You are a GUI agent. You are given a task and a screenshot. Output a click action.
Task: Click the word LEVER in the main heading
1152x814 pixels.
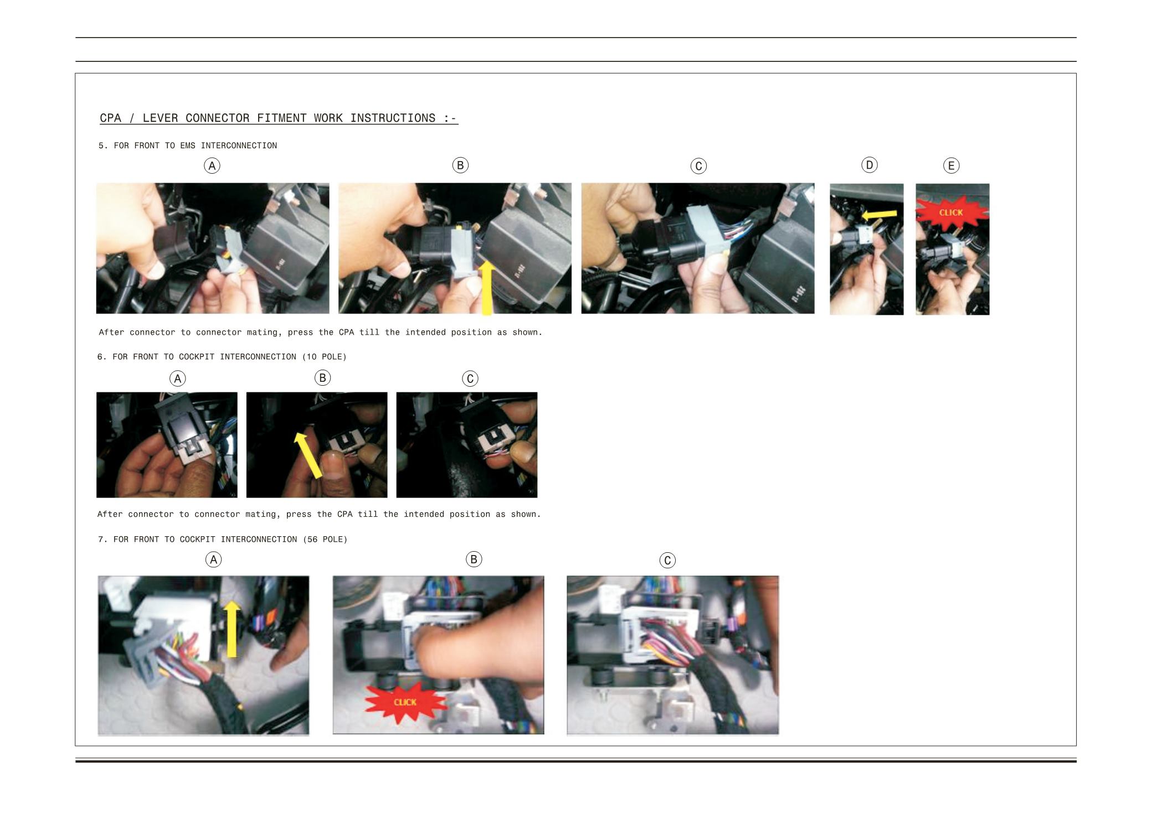(x=161, y=118)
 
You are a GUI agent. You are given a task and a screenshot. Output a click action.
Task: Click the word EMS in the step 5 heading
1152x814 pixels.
(x=188, y=146)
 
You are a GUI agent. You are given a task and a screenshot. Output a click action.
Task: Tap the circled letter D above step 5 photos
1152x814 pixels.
(x=870, y=165)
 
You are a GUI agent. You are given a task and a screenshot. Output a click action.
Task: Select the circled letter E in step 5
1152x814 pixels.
(x=952, y=165)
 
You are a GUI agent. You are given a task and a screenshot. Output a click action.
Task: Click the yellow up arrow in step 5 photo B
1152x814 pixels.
(x=487, y=287)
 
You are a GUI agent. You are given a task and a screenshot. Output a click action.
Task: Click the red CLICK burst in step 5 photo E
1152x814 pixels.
(x=951, y=212)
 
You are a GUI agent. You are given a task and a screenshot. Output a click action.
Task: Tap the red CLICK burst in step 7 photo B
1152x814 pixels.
(x=405, y=702)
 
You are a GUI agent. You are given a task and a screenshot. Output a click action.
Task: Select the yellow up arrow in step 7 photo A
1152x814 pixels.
(x=232, y=629)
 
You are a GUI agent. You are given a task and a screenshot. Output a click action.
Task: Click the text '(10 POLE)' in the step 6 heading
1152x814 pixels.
(x=325, y=357)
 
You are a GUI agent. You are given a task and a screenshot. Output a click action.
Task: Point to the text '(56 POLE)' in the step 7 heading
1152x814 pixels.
(x=325, y=540)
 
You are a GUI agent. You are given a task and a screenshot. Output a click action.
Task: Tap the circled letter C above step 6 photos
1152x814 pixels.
(x=470, y=379)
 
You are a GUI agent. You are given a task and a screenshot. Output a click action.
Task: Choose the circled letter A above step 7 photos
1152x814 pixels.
(x=213, y=559)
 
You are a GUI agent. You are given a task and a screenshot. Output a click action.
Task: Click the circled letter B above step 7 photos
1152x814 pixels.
(x=474, y=559)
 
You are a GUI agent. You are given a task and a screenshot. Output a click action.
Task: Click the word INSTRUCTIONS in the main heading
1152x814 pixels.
(x=393, y=118)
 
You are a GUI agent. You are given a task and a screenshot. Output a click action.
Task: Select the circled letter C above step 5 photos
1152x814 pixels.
(x=698, y=166)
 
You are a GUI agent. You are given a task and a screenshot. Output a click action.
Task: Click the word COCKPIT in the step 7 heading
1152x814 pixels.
(x=197, y=540)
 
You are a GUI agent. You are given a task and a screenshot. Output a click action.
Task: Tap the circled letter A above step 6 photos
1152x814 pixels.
(x=177, y=379)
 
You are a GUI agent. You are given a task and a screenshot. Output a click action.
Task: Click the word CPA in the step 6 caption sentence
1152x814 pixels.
(x=344, y=514)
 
